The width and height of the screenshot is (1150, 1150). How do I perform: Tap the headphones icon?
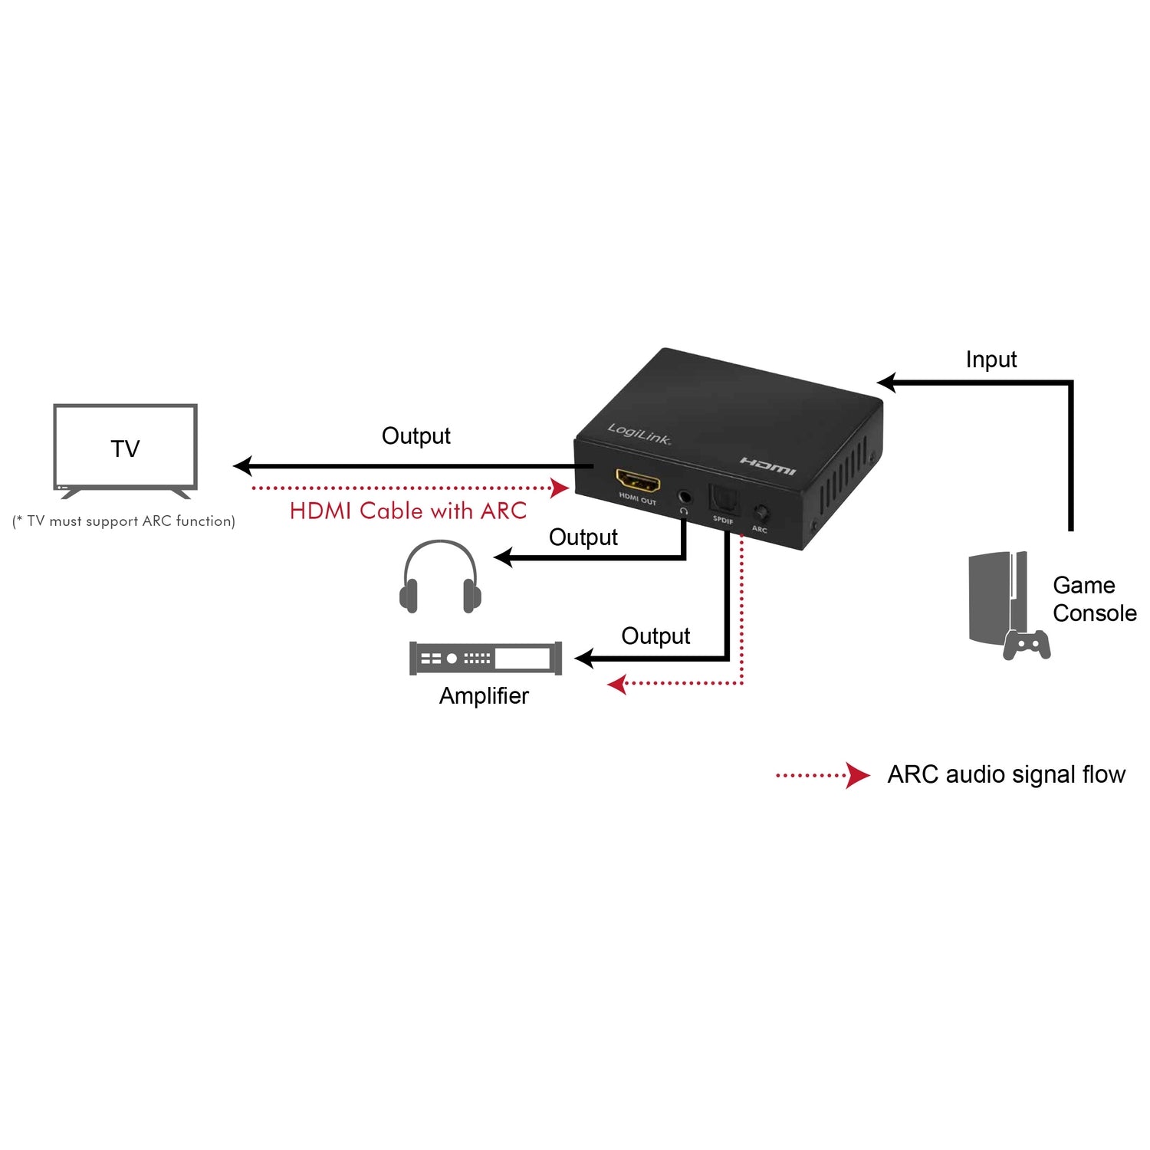[441, 577]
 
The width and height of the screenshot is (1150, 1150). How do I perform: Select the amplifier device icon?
[485, 659]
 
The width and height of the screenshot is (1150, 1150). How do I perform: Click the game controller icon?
[1027, 645]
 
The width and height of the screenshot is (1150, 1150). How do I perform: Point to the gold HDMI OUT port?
[638, 482]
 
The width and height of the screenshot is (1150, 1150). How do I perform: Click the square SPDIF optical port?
[722, 499]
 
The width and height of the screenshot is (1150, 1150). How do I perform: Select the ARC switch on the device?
[761, 513]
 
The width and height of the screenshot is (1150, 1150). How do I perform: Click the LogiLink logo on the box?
[639, 434]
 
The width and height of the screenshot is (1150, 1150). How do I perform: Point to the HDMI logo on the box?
[767, 465]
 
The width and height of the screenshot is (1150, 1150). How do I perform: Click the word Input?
[991, 360]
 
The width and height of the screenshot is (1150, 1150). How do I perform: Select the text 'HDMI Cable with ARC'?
[408, 511]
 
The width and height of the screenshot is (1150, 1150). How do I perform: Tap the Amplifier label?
[484, 696]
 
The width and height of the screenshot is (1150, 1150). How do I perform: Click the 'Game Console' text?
[1094, 600]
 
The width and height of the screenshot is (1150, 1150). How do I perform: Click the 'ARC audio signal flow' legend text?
[1006, 775]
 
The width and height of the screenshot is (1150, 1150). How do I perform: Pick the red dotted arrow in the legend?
[823, 775]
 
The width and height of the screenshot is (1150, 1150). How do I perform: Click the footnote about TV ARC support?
[123, 521]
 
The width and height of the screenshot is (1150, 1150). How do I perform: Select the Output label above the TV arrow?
[416, 436]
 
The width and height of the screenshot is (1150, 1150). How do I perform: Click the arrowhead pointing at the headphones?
[503, 557]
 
